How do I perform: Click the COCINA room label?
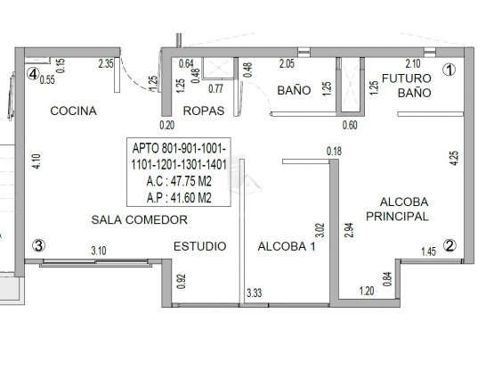[x=73, y=111]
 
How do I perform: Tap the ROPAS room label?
[x=204, y=111]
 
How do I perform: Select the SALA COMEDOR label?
[x=139, y=219]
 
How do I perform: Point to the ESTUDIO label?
[x=199, y=246]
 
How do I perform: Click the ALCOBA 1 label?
[x=287, y=246]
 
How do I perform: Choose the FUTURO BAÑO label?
[x=407, y=86]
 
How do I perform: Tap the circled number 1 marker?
[x=449, y=70]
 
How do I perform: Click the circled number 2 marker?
[x=449, y=245]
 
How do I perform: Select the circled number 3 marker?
[x=39, y=245]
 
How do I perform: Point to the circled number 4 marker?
[x=33, y=74]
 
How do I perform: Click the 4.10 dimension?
[x=36, y=161]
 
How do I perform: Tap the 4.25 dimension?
[x=454, y=158]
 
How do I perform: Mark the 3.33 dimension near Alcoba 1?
[x=255, y=293]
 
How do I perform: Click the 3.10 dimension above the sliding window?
[x=99, y=251]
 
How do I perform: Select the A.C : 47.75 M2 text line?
[x=179, y=182]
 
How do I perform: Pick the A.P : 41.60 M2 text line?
[x=179, y=198]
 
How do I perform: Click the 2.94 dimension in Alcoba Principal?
[x=350, y=230]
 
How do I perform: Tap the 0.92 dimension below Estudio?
[x=182, y=281]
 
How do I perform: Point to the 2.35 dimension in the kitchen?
[x=106, y=64]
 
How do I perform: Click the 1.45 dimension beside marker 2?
[x=429, y=251]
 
